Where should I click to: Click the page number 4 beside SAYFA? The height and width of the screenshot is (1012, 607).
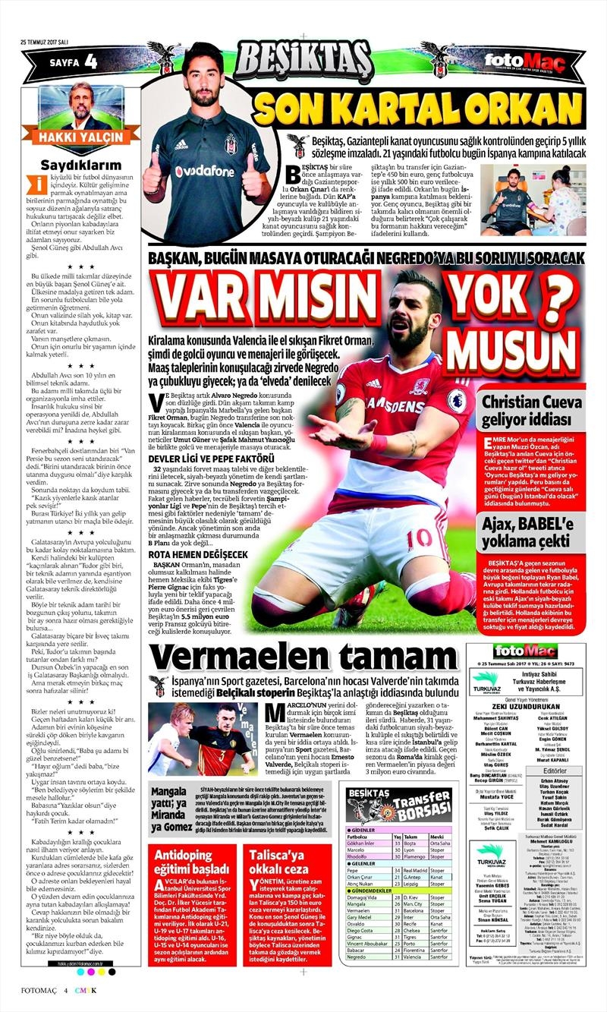point(91,60)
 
